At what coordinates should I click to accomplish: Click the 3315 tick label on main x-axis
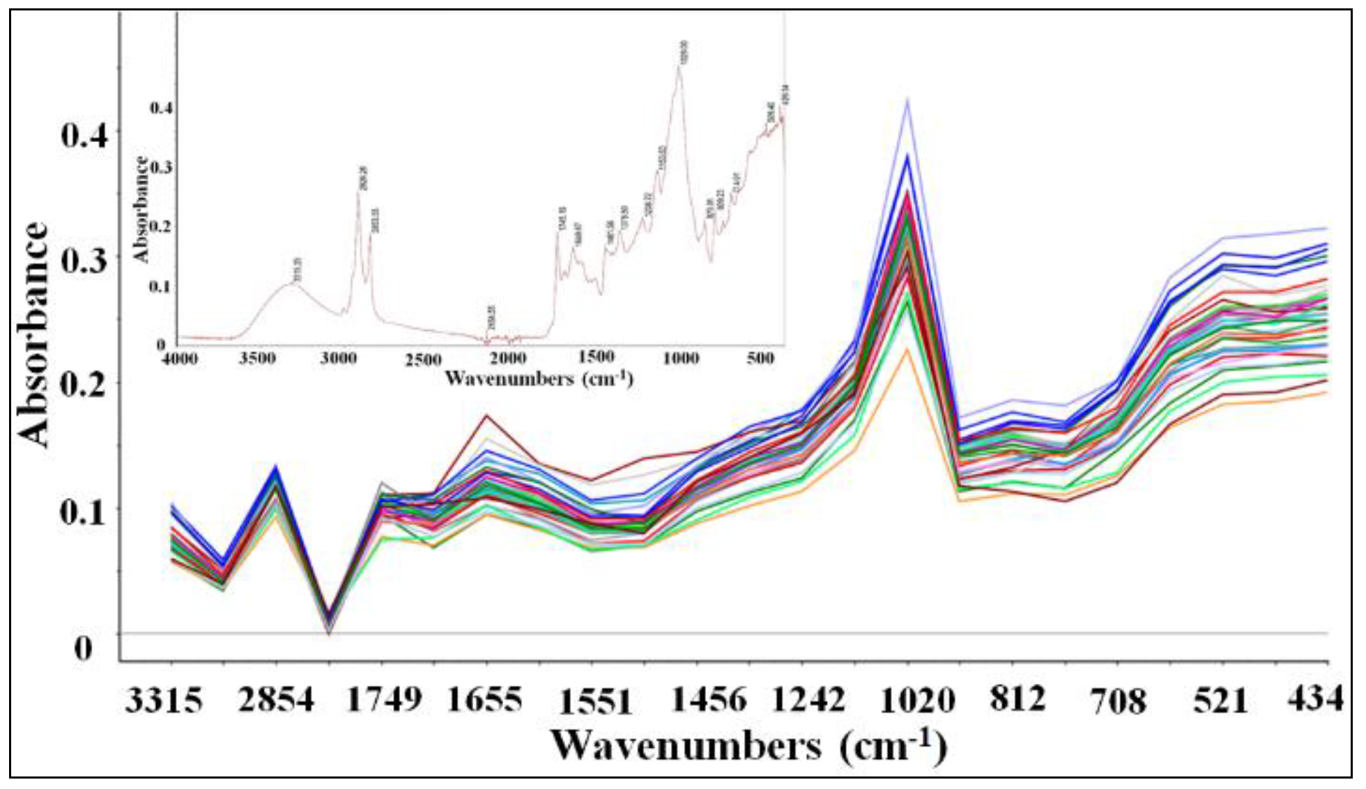(x=164, y=700)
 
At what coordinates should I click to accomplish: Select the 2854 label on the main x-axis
(x=276, y=700)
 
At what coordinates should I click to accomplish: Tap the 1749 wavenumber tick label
(x=384, y=699)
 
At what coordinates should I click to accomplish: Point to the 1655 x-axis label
(x=484, y=699)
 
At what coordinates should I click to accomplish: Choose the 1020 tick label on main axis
(x=917, y=700)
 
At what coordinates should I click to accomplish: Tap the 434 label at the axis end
(x=1314, y=697)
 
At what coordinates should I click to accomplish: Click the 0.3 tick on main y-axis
(x=84, y=260)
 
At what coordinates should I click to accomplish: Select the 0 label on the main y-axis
(x=83, y=648)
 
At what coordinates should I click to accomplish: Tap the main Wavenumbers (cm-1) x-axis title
(x=749, y=747)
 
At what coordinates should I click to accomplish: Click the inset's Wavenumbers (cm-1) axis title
(x=538, y=379)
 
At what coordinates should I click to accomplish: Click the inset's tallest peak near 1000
(x=679, y=68)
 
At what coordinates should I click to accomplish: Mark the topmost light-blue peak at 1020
(x=907, y=100)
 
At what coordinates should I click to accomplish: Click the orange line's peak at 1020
(x=907, y=347)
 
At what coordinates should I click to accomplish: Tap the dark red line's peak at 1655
(x=486, y=415)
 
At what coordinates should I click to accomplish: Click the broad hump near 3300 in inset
(x=293, y=283)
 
